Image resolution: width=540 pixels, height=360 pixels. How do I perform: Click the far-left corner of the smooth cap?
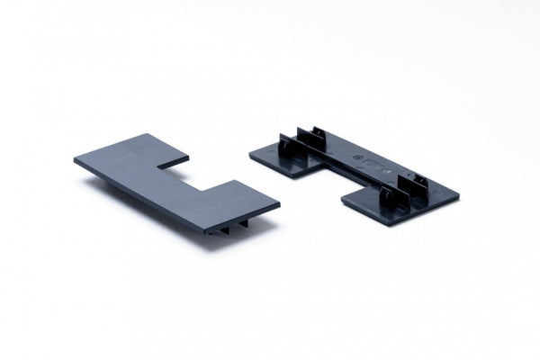tap(76, 160)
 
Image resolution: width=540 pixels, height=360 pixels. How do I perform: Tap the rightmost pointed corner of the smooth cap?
tap(278, 206)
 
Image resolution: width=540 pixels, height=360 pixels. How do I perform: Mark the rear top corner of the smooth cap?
tap(147, 135)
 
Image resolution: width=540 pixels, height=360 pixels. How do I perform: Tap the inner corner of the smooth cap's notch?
tap(160, 168)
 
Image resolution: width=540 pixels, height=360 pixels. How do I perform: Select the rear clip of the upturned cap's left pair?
tap(317, 137)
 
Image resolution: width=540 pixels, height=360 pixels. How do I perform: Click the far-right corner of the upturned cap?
tap(459, 195)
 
